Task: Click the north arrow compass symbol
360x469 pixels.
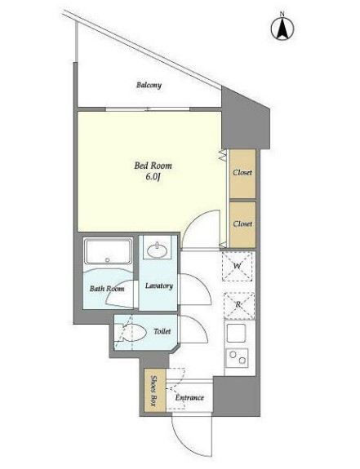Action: (x=282, y=28)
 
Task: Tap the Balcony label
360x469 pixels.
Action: (x=149, y=86)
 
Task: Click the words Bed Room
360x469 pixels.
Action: (x=153, y=166)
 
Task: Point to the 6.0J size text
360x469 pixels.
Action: (x=153, y=177)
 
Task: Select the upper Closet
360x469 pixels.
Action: (x=242, y=174)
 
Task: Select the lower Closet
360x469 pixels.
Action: (x=242, y=224)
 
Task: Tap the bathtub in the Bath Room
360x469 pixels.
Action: (x=108, y=251)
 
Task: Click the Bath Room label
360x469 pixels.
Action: (x=107, y=289)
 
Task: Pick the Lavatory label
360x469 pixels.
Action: (x=159, y=286)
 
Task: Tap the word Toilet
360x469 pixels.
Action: (x=162, y=331)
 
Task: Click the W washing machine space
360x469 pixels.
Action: (x=238, y=266)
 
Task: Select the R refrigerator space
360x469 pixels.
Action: (x=239, y=305)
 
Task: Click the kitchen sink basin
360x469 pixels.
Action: (x=236, y=333)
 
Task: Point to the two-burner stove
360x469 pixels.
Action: (x=238, y=357)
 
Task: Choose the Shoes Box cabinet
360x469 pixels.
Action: (x=155, y=390)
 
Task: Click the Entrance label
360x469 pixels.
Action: (x=189, y=398)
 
